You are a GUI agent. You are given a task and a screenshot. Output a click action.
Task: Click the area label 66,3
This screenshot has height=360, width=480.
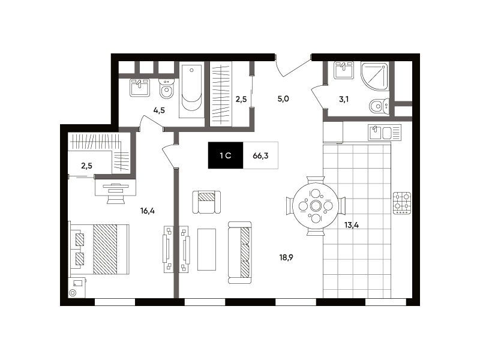coord(260,156)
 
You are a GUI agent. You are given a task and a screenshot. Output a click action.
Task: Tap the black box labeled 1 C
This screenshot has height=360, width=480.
coord(226,155)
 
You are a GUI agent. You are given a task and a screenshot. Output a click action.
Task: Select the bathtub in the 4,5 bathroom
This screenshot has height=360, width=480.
coord(191,89)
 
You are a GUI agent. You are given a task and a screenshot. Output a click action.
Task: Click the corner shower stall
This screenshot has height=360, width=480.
coord(374,76)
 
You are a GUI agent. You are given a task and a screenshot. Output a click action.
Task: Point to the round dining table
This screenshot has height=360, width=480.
coord(316,206)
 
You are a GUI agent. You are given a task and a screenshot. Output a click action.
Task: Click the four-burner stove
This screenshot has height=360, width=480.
coord(402,203)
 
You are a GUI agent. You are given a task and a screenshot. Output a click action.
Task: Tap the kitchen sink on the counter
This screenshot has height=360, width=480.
coord(385,133)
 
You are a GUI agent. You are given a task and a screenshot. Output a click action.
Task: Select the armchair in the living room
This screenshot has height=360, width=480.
coord(206,202)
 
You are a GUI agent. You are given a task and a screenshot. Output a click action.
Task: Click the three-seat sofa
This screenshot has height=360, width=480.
coord(239,253)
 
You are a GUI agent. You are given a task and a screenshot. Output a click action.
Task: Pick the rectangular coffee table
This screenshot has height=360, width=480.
coord(206,250)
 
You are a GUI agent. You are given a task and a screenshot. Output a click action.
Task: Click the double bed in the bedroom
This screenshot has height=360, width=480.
coord(100,249)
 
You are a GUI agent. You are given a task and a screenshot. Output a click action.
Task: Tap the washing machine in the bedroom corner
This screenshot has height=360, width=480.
coord(77,287)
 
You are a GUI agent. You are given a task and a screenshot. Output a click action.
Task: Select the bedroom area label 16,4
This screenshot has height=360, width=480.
coord(148,211)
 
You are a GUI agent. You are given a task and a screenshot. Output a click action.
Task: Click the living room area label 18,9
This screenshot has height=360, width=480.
coord(286,257)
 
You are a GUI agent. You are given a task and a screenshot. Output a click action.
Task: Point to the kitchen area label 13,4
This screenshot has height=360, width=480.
coord(352,226)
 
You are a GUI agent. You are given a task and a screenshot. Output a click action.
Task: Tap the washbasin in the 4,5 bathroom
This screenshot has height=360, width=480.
coord(140,88)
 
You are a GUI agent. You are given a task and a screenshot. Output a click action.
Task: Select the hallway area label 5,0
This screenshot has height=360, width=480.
coord(283,99)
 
